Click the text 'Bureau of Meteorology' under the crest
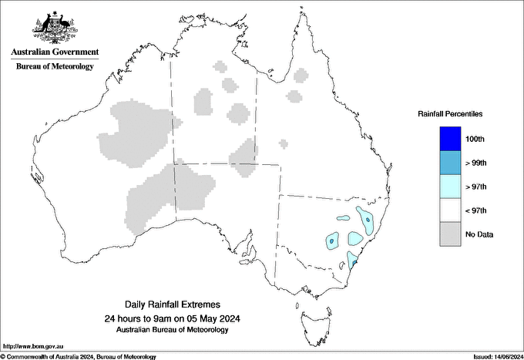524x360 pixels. [55, 66]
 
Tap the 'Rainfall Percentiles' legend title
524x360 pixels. [450, 113]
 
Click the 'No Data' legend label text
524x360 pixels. [479, 234]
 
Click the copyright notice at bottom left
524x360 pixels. [79, 356]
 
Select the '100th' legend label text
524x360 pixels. [475, 139]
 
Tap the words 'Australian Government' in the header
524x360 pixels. [55, 52]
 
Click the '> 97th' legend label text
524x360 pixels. [477, 187]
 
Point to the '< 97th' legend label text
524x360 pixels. [477, 210]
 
